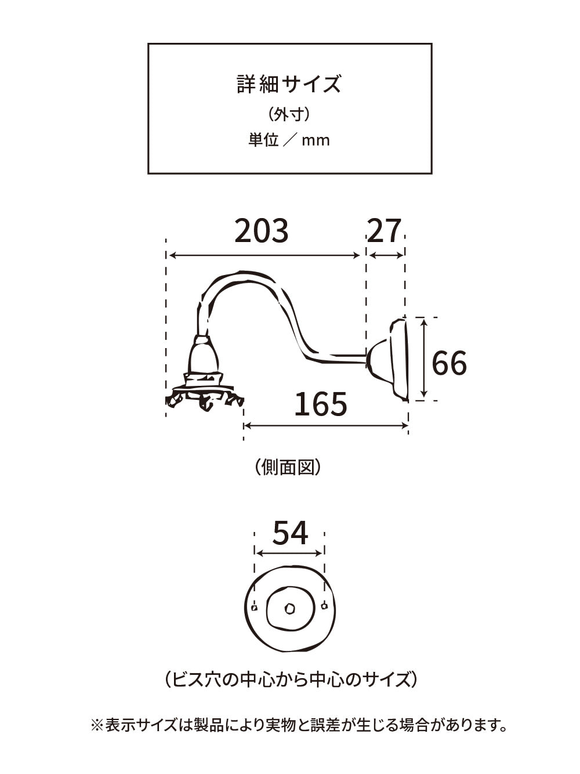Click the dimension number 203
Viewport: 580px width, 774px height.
tap(262, 231)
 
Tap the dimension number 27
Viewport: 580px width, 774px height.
tap(384, 231)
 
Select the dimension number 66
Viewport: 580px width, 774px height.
tap(449, 363)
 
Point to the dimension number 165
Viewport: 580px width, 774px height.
tap(321, 404)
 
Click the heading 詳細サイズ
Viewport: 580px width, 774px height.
tap(289, 84)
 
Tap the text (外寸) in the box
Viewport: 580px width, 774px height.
tap(289, 115)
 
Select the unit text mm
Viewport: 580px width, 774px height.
tap(316, 141)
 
